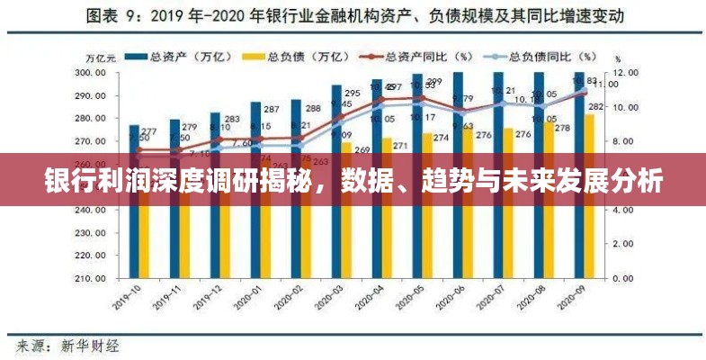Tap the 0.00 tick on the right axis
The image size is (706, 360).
click(622, 279)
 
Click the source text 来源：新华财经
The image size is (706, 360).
click(67, 345)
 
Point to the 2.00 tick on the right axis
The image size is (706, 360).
click(622, 245)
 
